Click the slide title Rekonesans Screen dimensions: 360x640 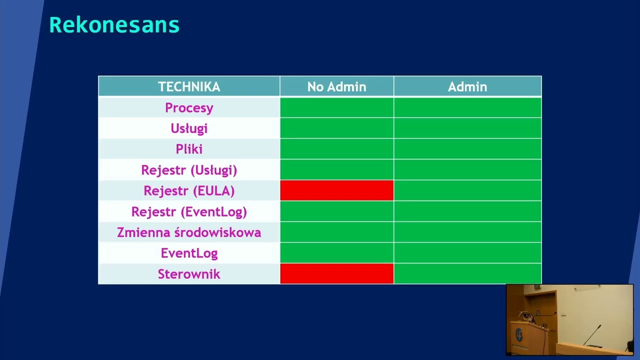tap(114, 25)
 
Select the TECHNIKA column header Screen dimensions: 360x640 tap(189, 86)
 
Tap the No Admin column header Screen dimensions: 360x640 tap(336, 86)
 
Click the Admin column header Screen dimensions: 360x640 tap(467, 86)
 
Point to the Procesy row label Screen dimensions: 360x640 tap(189, 107)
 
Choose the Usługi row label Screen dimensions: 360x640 tap(189, 128)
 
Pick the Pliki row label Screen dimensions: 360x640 tap(189, 149)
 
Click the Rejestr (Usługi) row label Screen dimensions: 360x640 tap(189, 170)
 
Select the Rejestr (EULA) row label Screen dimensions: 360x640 tap(189, 190)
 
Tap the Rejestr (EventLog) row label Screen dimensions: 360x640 tap(189, 211)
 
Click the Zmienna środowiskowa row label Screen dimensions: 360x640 tap(189, 232)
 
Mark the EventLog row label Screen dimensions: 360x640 tap(189, 253)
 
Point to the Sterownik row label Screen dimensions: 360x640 tap(189, 274)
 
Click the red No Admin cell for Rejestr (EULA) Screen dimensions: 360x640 tap(336, 190)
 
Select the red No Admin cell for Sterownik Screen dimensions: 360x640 tap(336, 274)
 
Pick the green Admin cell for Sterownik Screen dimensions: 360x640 tap(467, 274)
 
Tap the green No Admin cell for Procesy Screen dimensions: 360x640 tap(336, 107)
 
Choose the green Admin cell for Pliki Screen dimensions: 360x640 tap(467, 149)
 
